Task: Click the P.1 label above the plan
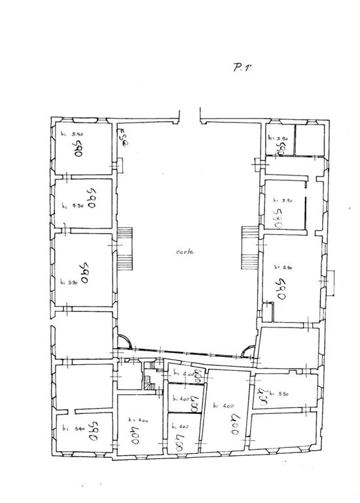(x=242, y=67)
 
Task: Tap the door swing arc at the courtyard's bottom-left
(x=124, y=341)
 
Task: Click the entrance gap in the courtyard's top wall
(x=189, y=119)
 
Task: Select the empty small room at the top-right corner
(x=310, y=140)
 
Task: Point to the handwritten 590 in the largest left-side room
(x=84, y=271)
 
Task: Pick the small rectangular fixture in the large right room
(x=268, y=310)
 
